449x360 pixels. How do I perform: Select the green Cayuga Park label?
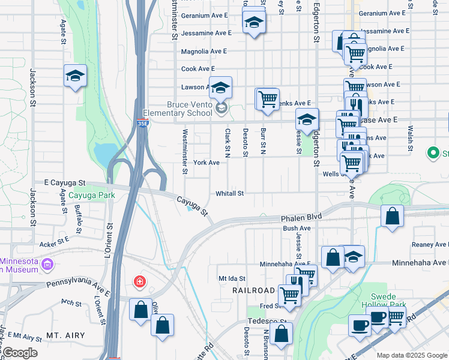(91, 196)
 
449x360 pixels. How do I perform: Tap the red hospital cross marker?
(139, 281)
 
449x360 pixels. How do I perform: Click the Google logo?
(19, 353)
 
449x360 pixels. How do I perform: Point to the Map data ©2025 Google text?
(411, 355)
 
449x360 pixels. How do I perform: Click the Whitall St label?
(230, 193)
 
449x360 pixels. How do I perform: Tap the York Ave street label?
(206, 163)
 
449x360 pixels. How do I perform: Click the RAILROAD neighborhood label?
(253, 290)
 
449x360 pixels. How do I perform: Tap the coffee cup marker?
(360, 325)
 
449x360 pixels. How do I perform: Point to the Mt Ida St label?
(231, 279)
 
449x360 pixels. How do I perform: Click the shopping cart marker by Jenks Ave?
(268, 98)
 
